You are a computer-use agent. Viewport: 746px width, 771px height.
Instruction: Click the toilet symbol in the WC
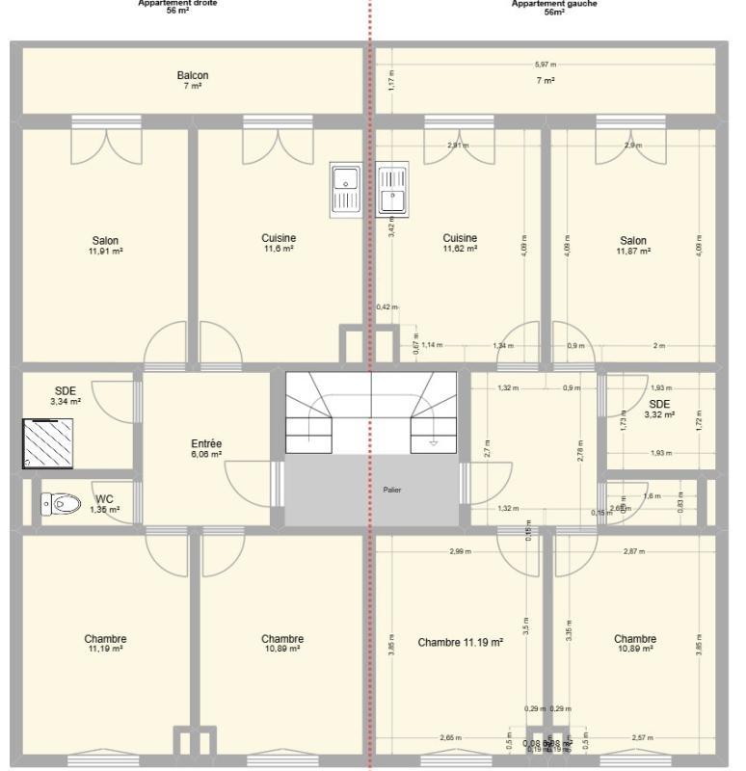(60, 502)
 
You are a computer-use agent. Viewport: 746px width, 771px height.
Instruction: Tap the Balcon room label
(192, 75)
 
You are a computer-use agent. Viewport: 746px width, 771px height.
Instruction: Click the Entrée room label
(206, 443)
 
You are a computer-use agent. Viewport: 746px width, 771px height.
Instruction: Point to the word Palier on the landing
(391, 490)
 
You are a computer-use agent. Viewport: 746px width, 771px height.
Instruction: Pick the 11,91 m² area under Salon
(105, 251)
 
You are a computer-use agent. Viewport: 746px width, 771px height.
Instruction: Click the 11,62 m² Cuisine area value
(459, 249)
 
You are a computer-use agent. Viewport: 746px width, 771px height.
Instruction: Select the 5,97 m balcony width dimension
(546, 65)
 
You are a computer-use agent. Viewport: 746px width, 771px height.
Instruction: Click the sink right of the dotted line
(393, 187)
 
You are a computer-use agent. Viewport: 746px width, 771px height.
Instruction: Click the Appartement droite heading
(177, 4)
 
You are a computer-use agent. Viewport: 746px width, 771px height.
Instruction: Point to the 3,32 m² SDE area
(659, 414)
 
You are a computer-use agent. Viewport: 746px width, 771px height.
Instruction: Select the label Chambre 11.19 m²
(460, 641)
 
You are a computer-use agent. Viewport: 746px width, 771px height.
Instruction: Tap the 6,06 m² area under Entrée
(206, 454)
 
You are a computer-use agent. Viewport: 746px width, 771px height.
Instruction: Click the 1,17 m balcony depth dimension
(391, 84)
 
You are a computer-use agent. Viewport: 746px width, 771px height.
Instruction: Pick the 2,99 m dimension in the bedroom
(460, 551)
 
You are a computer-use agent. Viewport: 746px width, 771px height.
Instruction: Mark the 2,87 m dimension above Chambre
(632, 551)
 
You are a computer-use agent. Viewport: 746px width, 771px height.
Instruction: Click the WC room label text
(104, 499)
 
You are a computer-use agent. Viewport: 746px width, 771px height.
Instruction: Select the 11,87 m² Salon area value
(633, 251)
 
